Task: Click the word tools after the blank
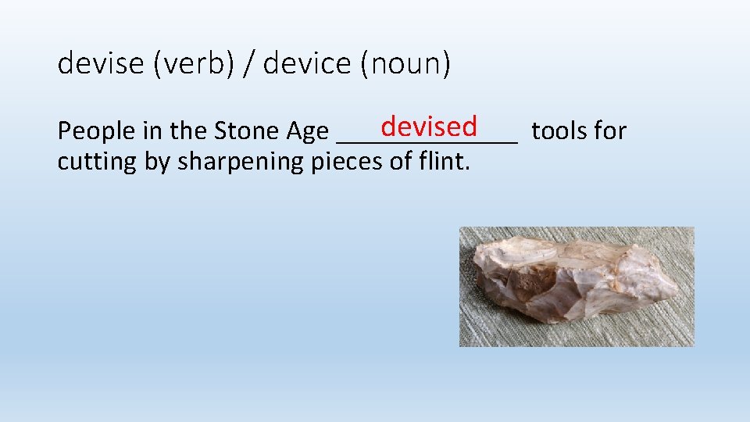[x=559, y=131]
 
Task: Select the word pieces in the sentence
[x=349, y=162]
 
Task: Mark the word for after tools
[x=611, y=131]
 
